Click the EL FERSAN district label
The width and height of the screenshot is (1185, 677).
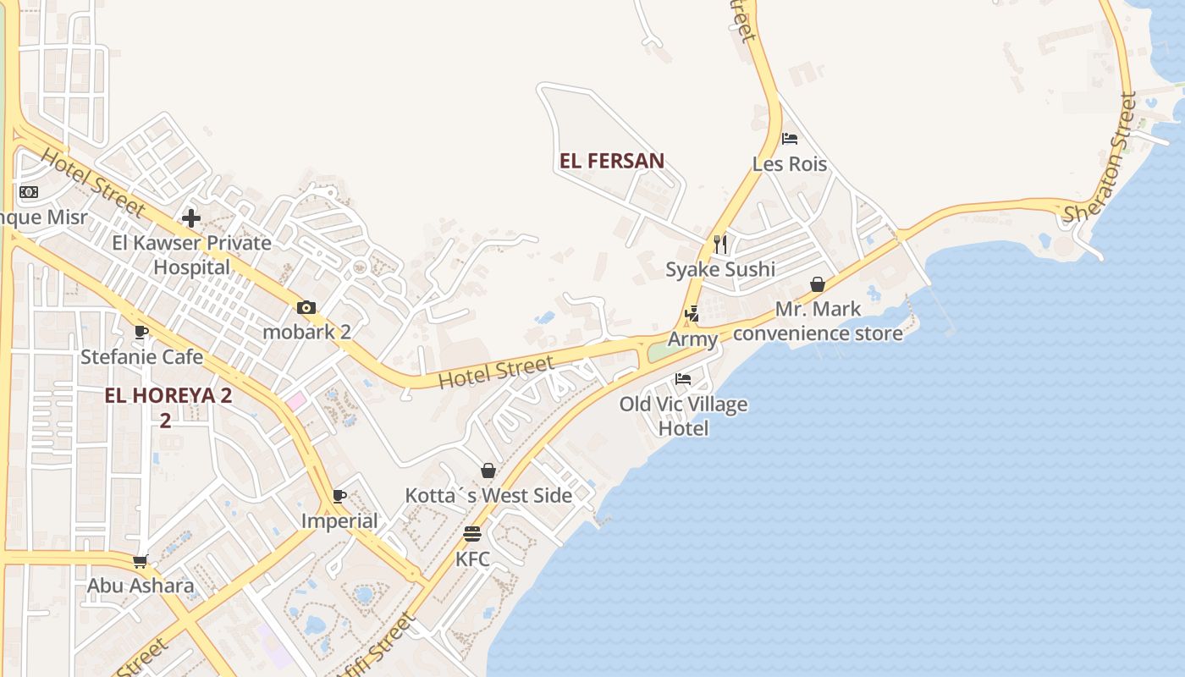click(x=611, y=161)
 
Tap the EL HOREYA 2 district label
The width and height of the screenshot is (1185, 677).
click(x=168, y=395)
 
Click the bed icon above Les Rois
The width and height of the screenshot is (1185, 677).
click(x=790, y=139)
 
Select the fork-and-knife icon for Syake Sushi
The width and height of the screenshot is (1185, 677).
click(x=720, y=245)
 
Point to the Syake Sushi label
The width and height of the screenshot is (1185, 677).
click(x=719, y=269)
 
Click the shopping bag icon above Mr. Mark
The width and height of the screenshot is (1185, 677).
click(x=818, y=284)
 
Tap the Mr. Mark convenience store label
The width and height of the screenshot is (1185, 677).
click(x=818, y=321)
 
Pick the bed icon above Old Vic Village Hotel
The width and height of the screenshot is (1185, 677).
click(x=683, y=379)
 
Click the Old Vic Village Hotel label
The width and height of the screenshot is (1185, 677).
click(x=683, y=416)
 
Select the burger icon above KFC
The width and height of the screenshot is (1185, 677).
click(x=472, y=534)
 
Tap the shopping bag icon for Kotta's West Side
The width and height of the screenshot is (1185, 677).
click(x=488, y=471)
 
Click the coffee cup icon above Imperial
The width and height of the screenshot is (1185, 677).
click(x=339, y=496)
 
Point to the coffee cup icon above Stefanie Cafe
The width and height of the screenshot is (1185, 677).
click(x=141, y=332)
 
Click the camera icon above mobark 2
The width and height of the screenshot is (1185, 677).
click(x=306, y=307)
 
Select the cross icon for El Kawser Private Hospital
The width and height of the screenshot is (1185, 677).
click(x=191, y=218)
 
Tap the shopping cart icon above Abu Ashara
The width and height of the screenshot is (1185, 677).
click(x=141, y=561)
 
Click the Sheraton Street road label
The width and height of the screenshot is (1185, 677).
click(x=1102, y=158)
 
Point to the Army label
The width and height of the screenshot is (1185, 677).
click(x=692, y=339)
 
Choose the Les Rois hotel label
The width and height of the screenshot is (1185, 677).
click(x=790, y=163)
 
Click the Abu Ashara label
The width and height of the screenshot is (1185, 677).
click(x=141, y=586)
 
